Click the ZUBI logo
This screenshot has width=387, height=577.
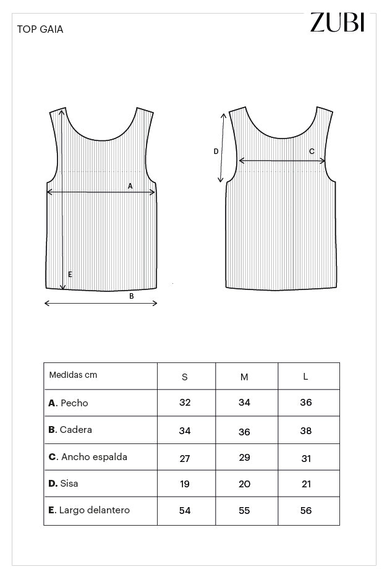point(337,22)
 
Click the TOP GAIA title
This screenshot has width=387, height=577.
point(40,29)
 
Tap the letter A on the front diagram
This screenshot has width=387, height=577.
point(130,186)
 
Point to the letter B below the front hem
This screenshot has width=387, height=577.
point(131,296)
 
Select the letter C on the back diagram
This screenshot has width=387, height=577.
point(312,152)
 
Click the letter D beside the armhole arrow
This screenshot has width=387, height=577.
point(216,152)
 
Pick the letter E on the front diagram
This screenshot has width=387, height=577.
point(70,274)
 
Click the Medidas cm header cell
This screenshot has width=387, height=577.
point(73,375)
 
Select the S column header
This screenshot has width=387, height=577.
point(185,377)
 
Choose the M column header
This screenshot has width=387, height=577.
point(244,377)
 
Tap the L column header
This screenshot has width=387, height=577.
point(305,377)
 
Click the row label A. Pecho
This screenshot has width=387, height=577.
point(69,403)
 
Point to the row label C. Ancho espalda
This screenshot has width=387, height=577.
point(88,457)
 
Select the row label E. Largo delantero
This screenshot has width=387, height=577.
point(89,510)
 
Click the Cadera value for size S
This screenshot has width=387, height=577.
point(185,431)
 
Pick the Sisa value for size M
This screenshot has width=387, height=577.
point(244,484)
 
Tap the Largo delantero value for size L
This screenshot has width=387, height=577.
point(306,511)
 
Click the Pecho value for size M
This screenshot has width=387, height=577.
point(244,403)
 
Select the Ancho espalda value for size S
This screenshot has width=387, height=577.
point(185,458)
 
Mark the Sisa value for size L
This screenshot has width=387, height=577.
point(306,484)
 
